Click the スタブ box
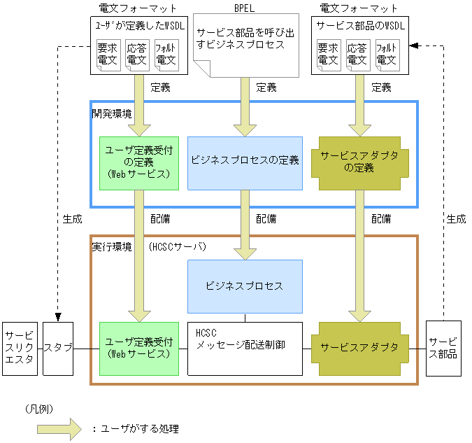(58, 348)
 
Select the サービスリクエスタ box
(20, 348)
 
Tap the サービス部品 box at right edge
(443, 348)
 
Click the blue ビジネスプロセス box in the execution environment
(245, 286)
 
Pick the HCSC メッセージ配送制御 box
(245, 348)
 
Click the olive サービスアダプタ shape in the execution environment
(359, 347)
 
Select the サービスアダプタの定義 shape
(359, 162)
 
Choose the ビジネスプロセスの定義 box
(245, 162)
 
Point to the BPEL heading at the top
(245, 8)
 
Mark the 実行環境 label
(112, 247)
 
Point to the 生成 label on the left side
(72, 219)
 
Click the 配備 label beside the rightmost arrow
(381, 219)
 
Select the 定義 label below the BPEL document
(266, 87)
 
